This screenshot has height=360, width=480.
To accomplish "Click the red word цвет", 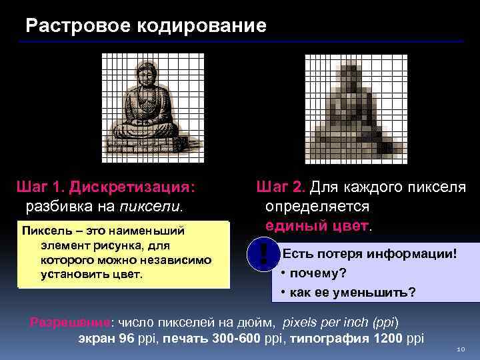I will click(352, 225).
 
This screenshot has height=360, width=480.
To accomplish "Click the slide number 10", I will click(461, 349).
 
